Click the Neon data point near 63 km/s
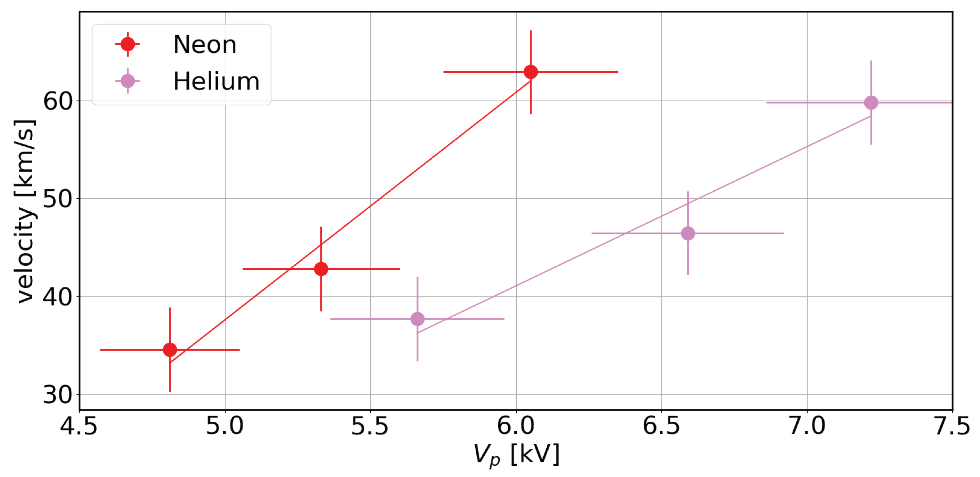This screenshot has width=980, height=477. (x=531, y=72)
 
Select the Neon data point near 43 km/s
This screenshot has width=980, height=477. (x=321, y=269)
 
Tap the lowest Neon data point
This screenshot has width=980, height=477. (x=170, y=350)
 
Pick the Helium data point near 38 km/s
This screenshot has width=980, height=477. (x=417, y=319)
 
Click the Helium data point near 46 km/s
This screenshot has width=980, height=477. (x=688, y=233)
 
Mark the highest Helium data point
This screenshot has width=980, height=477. (x=871, y=102)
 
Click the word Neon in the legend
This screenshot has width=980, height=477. (x=205, y=45)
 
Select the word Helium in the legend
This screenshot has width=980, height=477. (x=216, y=81)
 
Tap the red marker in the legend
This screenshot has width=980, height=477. (x=127, y=45)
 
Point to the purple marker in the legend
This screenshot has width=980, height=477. (x=127, y=81)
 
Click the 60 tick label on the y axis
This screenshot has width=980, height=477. (x=58, y=101)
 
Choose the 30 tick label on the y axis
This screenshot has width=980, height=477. (x=58, y=395)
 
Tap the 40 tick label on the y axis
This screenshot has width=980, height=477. (x=58, y=297)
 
